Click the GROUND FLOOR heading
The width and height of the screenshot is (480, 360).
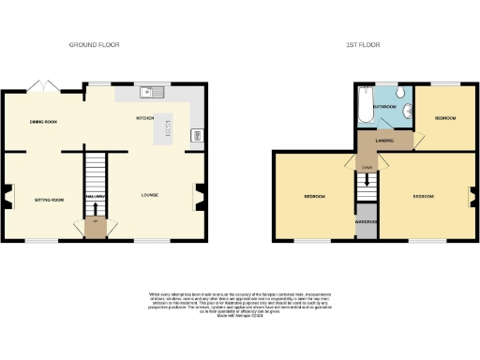(95, 44)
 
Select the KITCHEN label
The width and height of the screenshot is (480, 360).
(145, 118)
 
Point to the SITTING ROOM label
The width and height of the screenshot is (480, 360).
(50, 200)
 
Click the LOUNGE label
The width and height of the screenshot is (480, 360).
(149, 195)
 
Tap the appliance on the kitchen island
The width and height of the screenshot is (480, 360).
(170, 126)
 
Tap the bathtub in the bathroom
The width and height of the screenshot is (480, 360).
(365, 107)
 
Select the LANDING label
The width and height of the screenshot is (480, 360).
(384, 141)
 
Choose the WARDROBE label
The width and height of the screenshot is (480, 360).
(366, 222)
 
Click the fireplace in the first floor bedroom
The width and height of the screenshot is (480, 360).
(472, 197)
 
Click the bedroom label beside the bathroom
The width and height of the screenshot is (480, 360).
(444, 118)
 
